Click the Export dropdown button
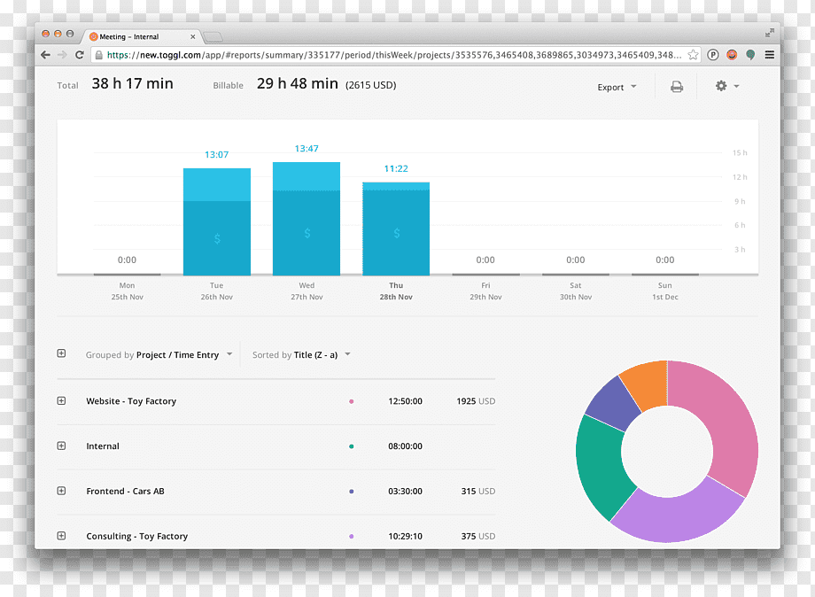[617, 88]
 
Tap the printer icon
[676, 87]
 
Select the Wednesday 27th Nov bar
[307, 219]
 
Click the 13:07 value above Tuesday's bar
[217, 155]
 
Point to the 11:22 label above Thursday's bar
[396, 169]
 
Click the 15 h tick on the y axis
[740, 152]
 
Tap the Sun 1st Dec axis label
[664, 291]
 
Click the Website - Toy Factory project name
[131, 401]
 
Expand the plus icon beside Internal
[61, 446]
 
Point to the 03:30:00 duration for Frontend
[405, 491]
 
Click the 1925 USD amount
[476, 401]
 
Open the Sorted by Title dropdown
[301, 355]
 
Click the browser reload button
[80, 55]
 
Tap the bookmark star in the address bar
[693, 55]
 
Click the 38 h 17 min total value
[133, 83]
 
